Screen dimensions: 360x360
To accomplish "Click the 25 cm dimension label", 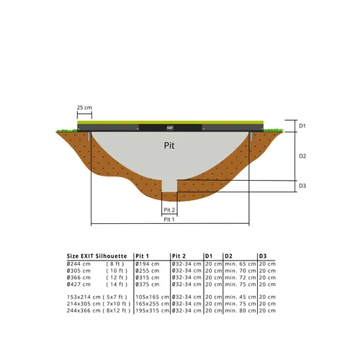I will coord(84,108).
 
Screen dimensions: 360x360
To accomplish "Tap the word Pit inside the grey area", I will coord(168,145).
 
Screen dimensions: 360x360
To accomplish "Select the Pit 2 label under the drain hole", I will coord(169,209).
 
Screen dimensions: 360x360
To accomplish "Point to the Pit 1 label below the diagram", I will coord(169,220).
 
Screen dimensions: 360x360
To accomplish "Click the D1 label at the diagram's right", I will coord(302,126).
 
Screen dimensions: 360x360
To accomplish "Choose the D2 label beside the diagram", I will coord(302,156).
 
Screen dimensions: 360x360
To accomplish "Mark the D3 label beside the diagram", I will coord(302,186).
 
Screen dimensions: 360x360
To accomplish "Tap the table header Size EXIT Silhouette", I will coord(97,256).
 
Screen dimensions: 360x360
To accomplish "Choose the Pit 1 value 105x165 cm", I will coord(151,297).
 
